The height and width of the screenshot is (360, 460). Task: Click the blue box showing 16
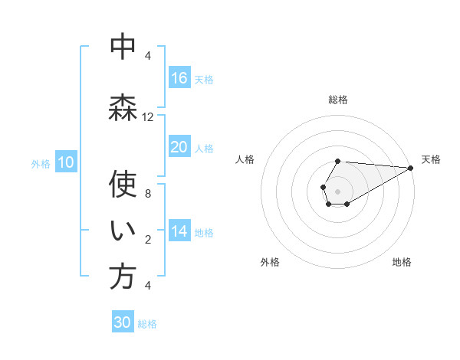tap(179, 78)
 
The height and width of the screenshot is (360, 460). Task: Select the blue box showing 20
tap(179, 147)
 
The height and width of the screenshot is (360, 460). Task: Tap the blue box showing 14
tap(179, 231)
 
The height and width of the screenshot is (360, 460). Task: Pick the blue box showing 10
tap(66, 162)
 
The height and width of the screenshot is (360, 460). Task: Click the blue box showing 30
tap(123, 322)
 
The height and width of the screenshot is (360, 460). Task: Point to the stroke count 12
tap(148, 117)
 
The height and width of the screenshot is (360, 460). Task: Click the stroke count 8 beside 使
tap(148, 194)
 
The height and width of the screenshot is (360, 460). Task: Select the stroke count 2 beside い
tap(148, 240)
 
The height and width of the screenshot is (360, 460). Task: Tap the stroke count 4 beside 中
tap(148, 56)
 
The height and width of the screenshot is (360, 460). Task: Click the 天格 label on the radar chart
tap(431, 159)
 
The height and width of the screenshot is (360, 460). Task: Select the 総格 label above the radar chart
tap(338, 100)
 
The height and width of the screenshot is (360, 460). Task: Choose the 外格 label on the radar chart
tap(270, 263)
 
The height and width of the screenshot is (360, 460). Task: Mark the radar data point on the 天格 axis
tap(411, 167)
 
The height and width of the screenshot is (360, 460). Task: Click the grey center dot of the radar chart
tap(337, 190)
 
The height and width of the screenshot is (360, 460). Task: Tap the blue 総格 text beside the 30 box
tap(147, 324)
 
